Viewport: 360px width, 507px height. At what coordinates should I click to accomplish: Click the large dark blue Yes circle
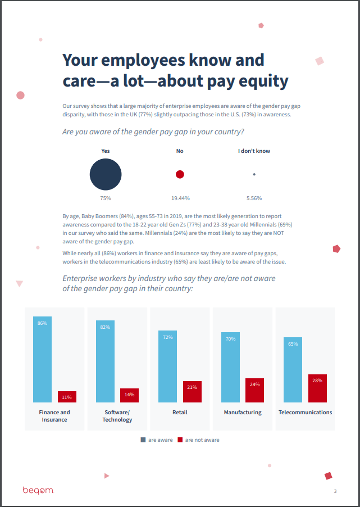point(106,174)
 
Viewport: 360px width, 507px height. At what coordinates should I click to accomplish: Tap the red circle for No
point(180,174)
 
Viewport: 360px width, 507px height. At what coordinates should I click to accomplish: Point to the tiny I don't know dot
point(254,174)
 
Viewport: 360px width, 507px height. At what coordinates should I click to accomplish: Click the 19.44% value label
point(180,198)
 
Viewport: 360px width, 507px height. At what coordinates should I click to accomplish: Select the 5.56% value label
point(254,198)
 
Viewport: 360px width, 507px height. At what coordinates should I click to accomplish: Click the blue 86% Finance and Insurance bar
point(43,360)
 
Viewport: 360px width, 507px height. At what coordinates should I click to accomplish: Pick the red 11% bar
point(67,397)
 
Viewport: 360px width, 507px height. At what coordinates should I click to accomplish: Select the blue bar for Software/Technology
point(105,361)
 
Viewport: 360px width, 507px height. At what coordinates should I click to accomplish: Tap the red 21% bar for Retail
point(192,392)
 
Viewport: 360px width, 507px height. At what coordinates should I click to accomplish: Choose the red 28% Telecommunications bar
point(317,388)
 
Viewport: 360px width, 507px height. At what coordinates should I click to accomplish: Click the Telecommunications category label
point(305,413)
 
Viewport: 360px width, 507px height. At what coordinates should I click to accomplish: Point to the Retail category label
point(180,413)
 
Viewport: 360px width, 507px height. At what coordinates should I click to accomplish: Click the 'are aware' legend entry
point(157,440)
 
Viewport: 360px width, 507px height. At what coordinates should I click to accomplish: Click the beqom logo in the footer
point(38,490)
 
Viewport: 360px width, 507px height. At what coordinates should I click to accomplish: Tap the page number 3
point(335,491)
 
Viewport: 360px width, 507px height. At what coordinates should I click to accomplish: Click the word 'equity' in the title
point(263,82)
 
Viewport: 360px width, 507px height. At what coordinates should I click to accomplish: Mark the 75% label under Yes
point(106,198)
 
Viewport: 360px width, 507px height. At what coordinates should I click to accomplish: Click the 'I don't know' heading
point(254,151)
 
